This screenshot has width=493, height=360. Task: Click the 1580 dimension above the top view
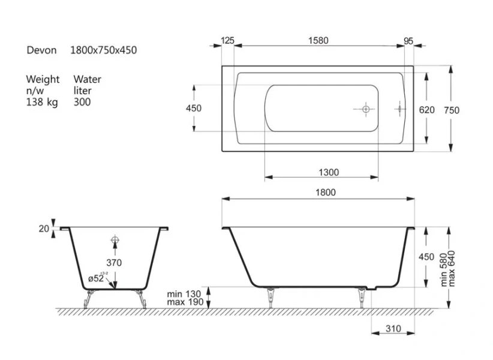coord(318,41)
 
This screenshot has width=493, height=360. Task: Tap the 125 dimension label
coord(227,41)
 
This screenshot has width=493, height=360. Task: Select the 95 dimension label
coord(408,41)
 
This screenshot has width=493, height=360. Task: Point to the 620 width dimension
coord(426,110)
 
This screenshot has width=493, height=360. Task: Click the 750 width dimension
coord(452,110)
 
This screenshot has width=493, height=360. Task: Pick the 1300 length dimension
coord(329,172)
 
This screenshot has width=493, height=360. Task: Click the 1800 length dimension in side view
coord(326,192)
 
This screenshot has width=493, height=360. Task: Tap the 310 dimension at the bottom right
coord(393,329)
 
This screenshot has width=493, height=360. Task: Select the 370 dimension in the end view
coord(114,263)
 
